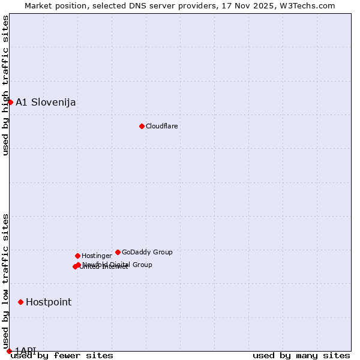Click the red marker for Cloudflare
142,126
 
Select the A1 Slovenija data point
10,102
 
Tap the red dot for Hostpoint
20,302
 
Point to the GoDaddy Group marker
118,252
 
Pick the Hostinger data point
77,256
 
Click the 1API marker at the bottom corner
9,351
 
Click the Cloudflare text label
161,126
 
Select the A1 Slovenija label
46,102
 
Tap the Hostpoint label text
49,302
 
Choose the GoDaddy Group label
147,252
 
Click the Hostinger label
97,256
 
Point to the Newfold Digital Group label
118,264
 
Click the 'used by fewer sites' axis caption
62,355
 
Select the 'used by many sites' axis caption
301,355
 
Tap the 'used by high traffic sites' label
5,85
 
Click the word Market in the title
39,5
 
